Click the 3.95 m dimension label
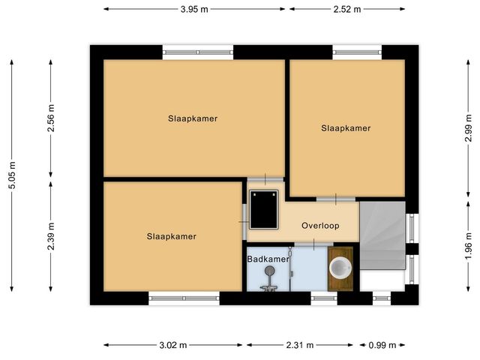(194, 9)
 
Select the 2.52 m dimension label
(347, 9)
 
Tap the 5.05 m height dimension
(12, 175)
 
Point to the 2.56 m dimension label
(51, 118)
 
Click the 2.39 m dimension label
(51, 236)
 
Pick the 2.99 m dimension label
(468, 128)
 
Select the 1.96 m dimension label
(468, 246)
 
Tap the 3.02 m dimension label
(173, 345)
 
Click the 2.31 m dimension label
(300, 345)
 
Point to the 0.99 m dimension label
(382, 345)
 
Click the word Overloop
(320, 226)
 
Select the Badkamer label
(268, 259)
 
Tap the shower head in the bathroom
(269, 270)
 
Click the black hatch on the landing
(263, 209)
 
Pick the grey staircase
(382, 235)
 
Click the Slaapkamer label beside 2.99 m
(346, 128)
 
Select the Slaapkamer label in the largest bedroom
(193, 118)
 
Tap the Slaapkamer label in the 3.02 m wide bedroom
(172, 236)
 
